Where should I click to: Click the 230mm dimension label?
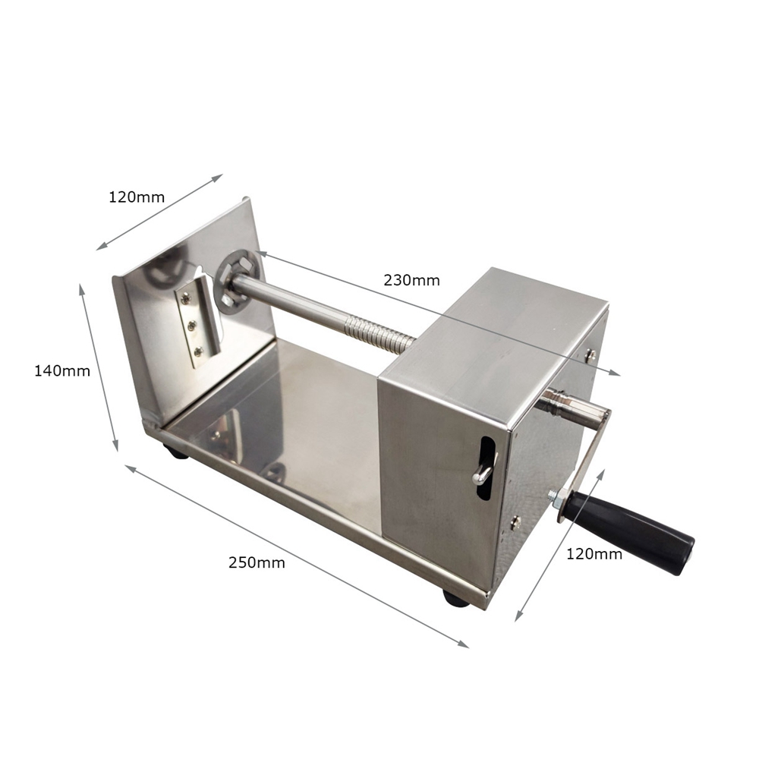[x=411, y=280]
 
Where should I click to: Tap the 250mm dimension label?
[x=257, y=562]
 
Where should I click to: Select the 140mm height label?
[x=62, y=371]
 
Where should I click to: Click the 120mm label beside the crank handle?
[x=594, y=554]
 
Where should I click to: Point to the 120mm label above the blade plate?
[x=137, y=197]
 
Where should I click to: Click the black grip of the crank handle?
[x=630, y=530]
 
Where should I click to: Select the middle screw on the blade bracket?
[x=192, y=326]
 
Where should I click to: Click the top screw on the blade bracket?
[x=186, y=300]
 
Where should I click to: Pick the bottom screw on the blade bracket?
[x=198, y=352]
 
